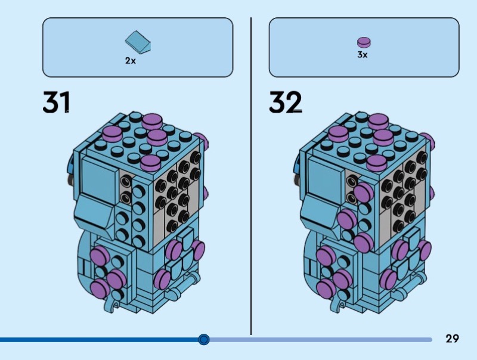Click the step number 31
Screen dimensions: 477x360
tap(56, 102)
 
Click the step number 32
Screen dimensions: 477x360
tap(285, 102)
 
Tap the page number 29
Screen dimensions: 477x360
tap(452, 339)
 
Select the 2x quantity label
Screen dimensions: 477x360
tap(130, 61)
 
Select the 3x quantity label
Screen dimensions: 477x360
tap(363, 55)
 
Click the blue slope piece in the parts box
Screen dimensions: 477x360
tap(138, 42)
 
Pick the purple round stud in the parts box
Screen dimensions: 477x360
tap(364, 42)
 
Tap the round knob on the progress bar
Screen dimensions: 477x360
tap(203, 339)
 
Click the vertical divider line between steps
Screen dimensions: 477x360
tap(251, 176)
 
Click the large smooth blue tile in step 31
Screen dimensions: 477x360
tap(99, 177)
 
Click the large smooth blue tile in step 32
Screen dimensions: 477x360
tap(326, 177)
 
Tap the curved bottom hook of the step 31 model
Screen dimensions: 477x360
tap(110, 303)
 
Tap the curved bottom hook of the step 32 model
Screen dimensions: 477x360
tap(336, 303)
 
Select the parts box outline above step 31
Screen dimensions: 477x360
tap(138, 18)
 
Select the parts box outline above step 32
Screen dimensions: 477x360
tap(364, 18)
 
